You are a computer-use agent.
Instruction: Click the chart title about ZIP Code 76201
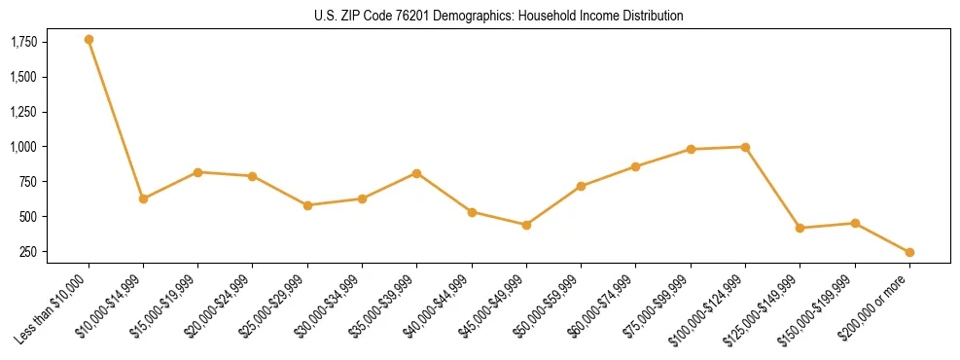[x=499, y=16]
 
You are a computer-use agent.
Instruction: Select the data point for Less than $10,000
[x=89, y=39]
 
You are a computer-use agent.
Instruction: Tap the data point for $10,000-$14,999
[x=143, y=198]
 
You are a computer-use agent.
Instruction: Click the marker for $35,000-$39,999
[x=416, y=173]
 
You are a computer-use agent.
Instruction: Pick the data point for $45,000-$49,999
[x=526, y=225]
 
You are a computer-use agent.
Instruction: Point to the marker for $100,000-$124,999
[x=745, y=147]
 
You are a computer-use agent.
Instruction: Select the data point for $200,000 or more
[x=909, y=252]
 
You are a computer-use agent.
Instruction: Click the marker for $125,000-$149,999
[x=800, y=228]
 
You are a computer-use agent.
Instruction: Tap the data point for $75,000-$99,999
[x=691, y=149]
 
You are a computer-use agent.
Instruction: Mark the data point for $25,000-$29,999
[x=307, y=205]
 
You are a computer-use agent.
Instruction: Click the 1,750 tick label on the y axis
[x=24, y=42]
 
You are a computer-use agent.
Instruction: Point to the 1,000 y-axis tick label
[x=24, y=147]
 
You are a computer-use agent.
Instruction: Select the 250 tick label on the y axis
[x=29, y=252]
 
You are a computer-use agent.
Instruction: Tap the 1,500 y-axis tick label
[x=24, y=77]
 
